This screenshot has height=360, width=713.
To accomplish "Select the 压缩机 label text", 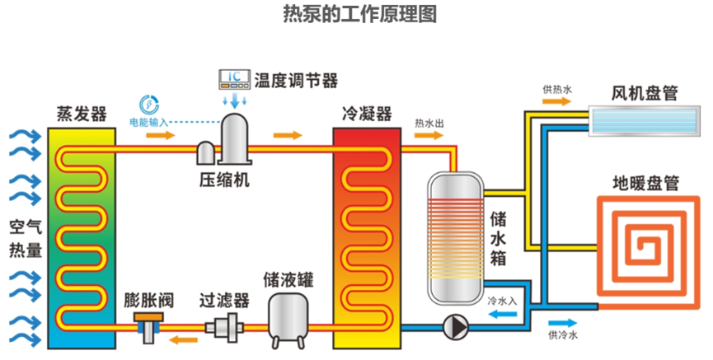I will click(x=223, y=179).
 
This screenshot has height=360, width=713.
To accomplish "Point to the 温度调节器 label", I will click(x=296, y=80).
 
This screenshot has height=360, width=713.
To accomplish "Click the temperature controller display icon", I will click(x=234, y=80).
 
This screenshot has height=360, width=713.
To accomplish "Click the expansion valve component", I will click(x=149, y=327).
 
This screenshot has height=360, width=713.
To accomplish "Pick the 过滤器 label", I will click(x=224, y=302).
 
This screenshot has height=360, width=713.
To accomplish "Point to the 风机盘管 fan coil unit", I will click(x=641, y=119).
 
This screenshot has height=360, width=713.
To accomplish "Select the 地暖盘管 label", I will click(x=645, y=181).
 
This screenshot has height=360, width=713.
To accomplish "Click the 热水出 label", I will click(x=429, y=124).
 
